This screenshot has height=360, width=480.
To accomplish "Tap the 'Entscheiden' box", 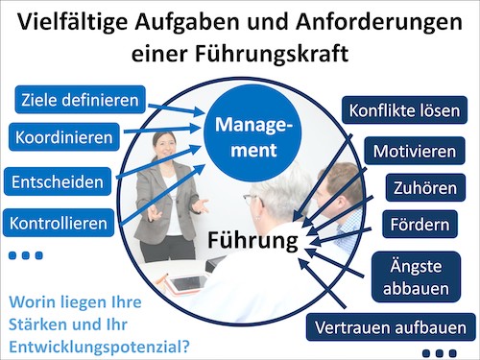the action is point(58,180).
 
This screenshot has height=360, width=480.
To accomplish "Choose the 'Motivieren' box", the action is point(415,151).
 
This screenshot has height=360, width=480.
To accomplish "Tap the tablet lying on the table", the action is point(192,281).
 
